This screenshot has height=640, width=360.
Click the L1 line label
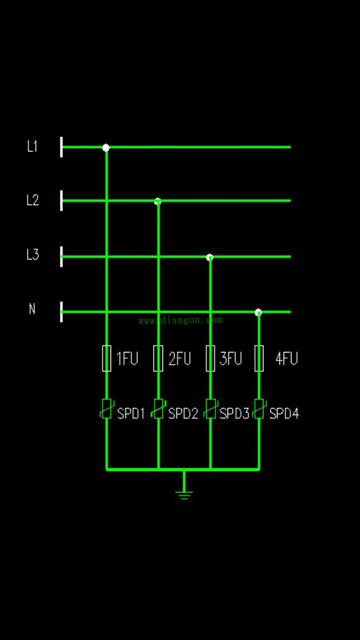click(x=32, y=146)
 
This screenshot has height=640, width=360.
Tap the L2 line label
click(x=33, y=200)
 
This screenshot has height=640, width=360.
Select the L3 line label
click(x=33, y=255)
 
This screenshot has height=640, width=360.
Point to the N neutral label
click(x=32, y=309)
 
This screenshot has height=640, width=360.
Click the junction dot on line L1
click(x=106, y=147)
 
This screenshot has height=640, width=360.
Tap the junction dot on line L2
click(x=158, y=201)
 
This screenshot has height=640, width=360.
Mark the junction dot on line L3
click(x=210, y=257)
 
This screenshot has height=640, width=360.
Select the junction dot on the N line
click(x=258, y=312)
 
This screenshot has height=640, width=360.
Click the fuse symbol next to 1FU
click(x=106, y=358)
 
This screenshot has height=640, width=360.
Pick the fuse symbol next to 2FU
click(x=158, y=358)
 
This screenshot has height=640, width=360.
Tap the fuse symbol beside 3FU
click(x=210, y=358)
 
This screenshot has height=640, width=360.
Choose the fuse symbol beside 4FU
click(x=259, y=358)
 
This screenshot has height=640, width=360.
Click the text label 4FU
click(x=286, y=359)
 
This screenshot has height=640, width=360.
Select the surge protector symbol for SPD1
click(x=106, y=409)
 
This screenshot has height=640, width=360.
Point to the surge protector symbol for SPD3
click(x=210, y=409)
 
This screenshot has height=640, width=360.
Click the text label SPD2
click(x=183, y=414)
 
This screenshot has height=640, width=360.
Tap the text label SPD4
click(x=284, y=414)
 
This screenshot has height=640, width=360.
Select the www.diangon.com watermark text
click(x=181, y=321)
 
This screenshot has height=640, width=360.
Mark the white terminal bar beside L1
click(x=61, y=147)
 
